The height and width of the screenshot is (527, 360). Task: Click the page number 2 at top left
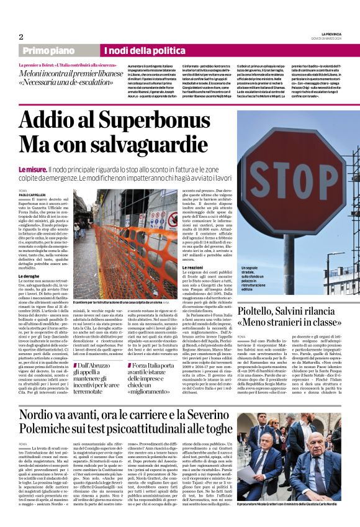20,37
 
